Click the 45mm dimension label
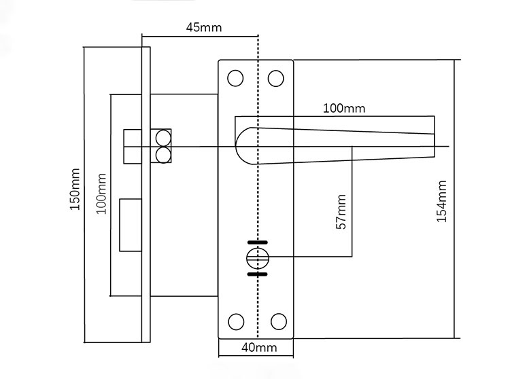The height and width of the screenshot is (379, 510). [203, 28]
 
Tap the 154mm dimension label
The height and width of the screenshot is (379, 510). [442, 201]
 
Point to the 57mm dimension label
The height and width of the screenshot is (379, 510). [341, 212]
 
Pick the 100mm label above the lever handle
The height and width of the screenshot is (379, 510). [343, 109]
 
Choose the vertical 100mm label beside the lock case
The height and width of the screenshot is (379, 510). [101, 194]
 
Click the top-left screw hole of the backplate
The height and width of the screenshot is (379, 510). [235, 78]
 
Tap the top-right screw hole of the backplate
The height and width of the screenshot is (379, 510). [275, 78]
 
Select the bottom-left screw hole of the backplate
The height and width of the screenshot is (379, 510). [235, 321]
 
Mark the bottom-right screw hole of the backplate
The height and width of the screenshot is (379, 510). [277, 321]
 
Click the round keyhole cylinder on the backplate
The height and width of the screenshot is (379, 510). [256, 258]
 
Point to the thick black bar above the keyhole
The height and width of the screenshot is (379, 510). [257, 242]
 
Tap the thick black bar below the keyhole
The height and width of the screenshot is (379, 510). [257, 274]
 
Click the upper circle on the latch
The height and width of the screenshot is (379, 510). [163, 137]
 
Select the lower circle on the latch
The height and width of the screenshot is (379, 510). [163, 155]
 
